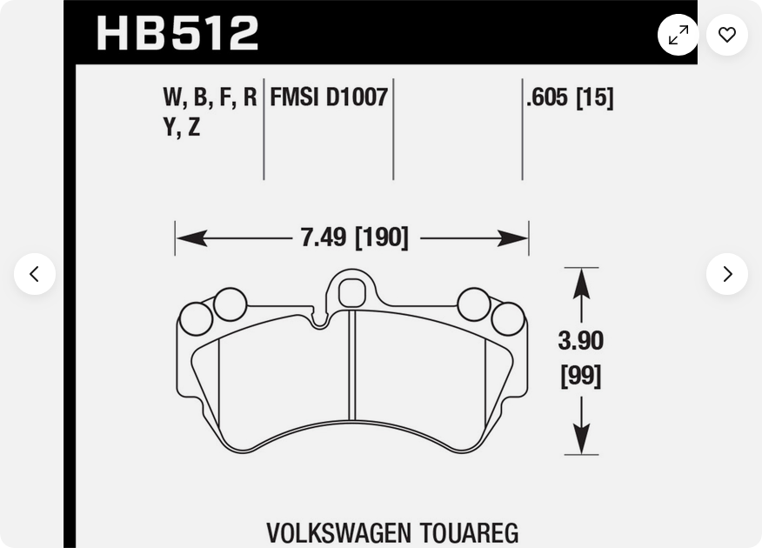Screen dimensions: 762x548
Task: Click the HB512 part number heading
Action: tap(177, 33)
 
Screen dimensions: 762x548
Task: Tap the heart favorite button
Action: tap(727, 35)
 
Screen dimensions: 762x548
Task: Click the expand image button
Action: tap(678, 35)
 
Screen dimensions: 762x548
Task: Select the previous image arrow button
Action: tap(35, 274)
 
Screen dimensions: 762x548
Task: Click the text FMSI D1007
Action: tap(329, 97)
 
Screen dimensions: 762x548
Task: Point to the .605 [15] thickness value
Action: tap(570, 97)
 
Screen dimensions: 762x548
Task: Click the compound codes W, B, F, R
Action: tap(210, 97)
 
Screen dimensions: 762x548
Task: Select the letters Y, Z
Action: tap(182, 127)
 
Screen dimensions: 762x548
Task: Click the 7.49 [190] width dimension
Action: tap(354, 238)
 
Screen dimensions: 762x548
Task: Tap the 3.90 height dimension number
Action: tap(581, 341)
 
